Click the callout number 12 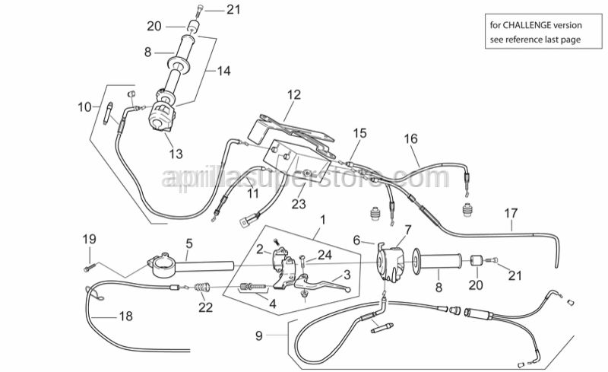point(294,95)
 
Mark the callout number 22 point(205,307)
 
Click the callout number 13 point(176,154)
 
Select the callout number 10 point(84,107)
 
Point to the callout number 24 point(325,256)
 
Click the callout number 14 point(223,72)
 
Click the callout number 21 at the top point(211,9)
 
